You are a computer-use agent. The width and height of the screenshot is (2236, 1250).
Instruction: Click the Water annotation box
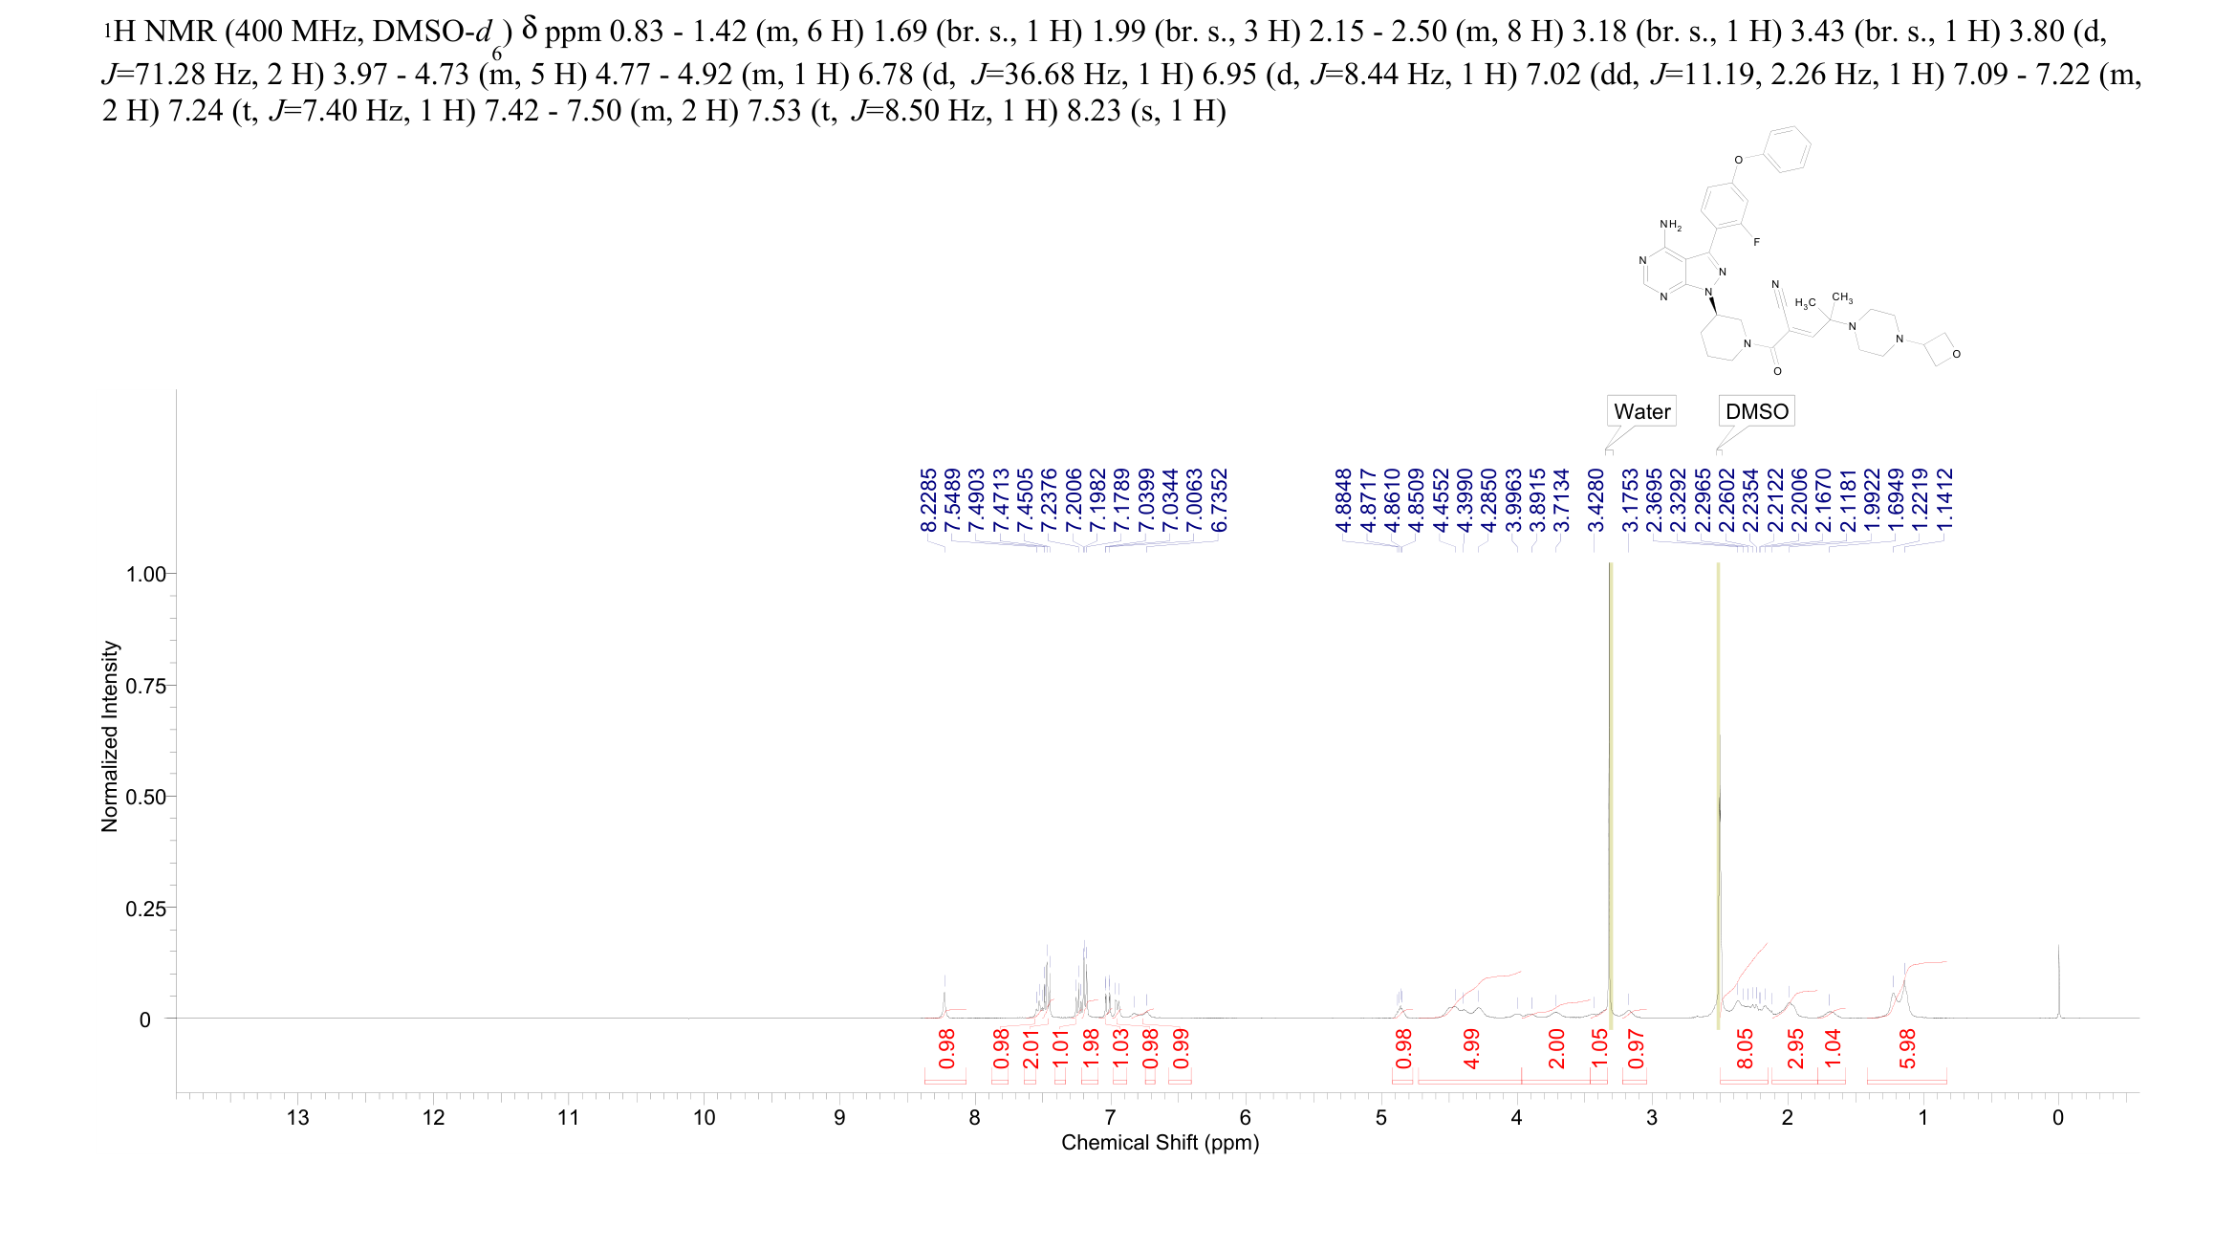coord(1641,411)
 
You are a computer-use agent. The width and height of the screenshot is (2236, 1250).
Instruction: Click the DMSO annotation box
coord(1756,411)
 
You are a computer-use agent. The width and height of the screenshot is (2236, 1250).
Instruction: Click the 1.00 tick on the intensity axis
coord(145,574)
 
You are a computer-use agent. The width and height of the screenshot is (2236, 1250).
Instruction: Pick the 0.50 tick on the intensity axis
coord(145,797)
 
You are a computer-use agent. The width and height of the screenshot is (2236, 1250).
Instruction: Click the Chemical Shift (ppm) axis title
coord(1160,1143)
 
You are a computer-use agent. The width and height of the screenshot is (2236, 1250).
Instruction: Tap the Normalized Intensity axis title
coord(110,736)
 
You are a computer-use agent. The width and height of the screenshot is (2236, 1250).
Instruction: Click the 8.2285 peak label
coord(928,500)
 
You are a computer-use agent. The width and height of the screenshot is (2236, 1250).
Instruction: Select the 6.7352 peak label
coord(1219,500)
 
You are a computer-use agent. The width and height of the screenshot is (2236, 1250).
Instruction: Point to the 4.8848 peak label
coord(1343,500)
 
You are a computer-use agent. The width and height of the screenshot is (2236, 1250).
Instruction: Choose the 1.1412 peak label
coord(1944,500)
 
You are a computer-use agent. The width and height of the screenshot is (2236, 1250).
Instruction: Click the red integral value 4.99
coord(1472,1048)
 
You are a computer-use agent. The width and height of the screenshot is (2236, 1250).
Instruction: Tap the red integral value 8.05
coord(1745,1048)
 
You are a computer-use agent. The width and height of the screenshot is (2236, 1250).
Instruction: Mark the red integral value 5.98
coord(1907,1048)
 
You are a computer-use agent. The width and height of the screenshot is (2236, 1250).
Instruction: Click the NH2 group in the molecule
coord(1670,226)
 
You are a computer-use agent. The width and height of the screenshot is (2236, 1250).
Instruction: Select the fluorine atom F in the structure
coord(1756,243)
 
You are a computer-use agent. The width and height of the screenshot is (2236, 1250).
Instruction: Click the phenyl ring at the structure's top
coord(1785,150)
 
